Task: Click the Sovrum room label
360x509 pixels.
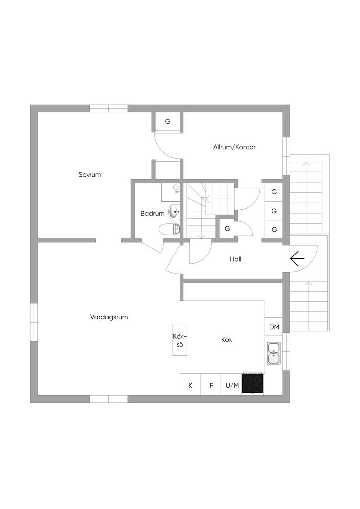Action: (90, 174)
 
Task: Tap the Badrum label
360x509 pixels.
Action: (152, 213)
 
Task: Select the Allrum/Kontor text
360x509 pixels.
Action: (234, 147)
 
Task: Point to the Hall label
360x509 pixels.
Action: (236, 259)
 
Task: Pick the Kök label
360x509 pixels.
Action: (227, 340)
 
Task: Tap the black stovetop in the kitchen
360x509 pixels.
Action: (253, 383)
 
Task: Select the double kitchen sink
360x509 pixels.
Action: (273, 353)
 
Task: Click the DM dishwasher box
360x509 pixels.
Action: (274, 327)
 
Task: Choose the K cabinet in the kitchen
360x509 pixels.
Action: (190, 385)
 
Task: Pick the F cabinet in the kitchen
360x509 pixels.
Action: (211, 385)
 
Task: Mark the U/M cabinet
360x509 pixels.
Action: (232, 385)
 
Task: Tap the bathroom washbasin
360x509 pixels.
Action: (174, 212)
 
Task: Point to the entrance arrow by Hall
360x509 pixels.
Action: (297, 258)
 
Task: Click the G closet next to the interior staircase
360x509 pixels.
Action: (227, 229)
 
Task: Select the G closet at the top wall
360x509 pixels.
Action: (168, 121)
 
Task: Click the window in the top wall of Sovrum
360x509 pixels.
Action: (109, 108)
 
